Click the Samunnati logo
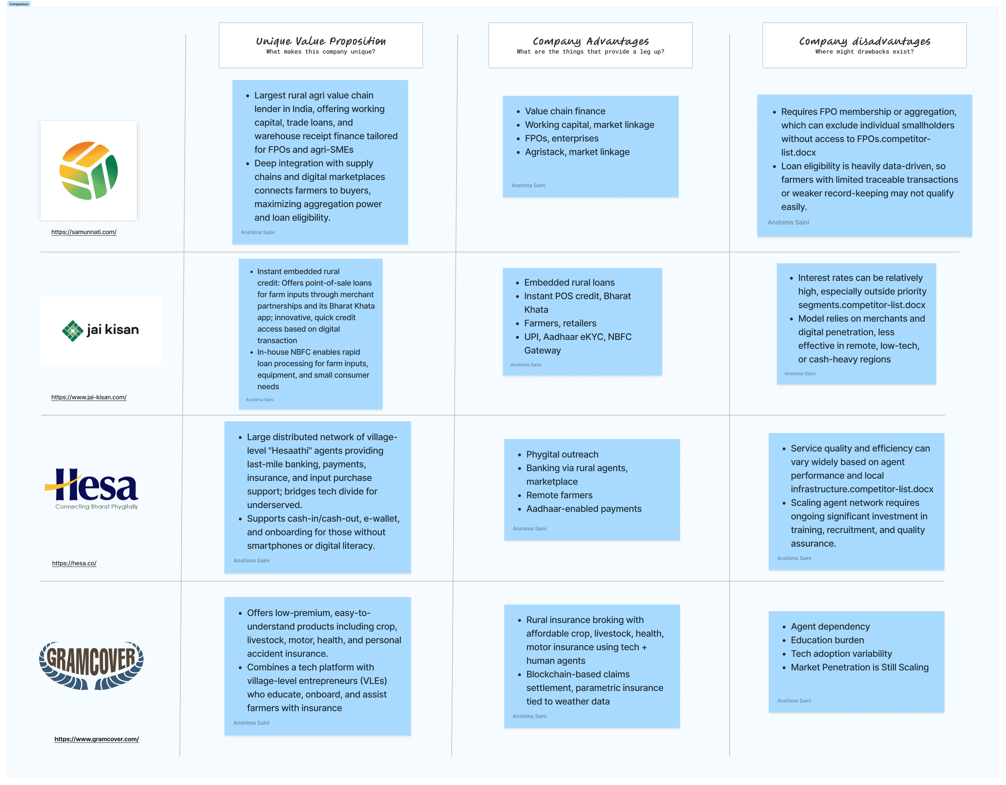88,171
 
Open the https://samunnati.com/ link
84,232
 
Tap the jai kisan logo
100,330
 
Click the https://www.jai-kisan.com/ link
89,397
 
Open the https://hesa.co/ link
74,563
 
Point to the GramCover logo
91,665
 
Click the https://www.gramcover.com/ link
97,739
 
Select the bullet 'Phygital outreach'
562,454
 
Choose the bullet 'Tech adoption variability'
841,654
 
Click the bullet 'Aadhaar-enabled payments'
584,509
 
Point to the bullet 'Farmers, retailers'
560,323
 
